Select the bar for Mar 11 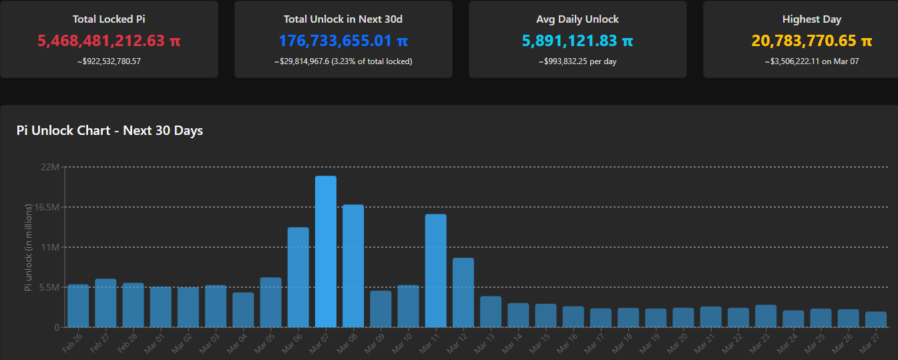[435, 271]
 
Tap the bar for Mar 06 [298, 277]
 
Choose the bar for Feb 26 [78, 306]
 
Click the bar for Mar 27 [876, 319]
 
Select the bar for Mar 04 [243, 310]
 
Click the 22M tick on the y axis [51, 167]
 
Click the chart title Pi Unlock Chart [109, 130]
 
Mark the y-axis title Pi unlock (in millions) [28, 247]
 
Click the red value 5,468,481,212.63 [109, 41]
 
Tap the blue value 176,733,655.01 [343, 41]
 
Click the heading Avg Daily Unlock [578, 19]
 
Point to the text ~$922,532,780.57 [109, 61]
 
